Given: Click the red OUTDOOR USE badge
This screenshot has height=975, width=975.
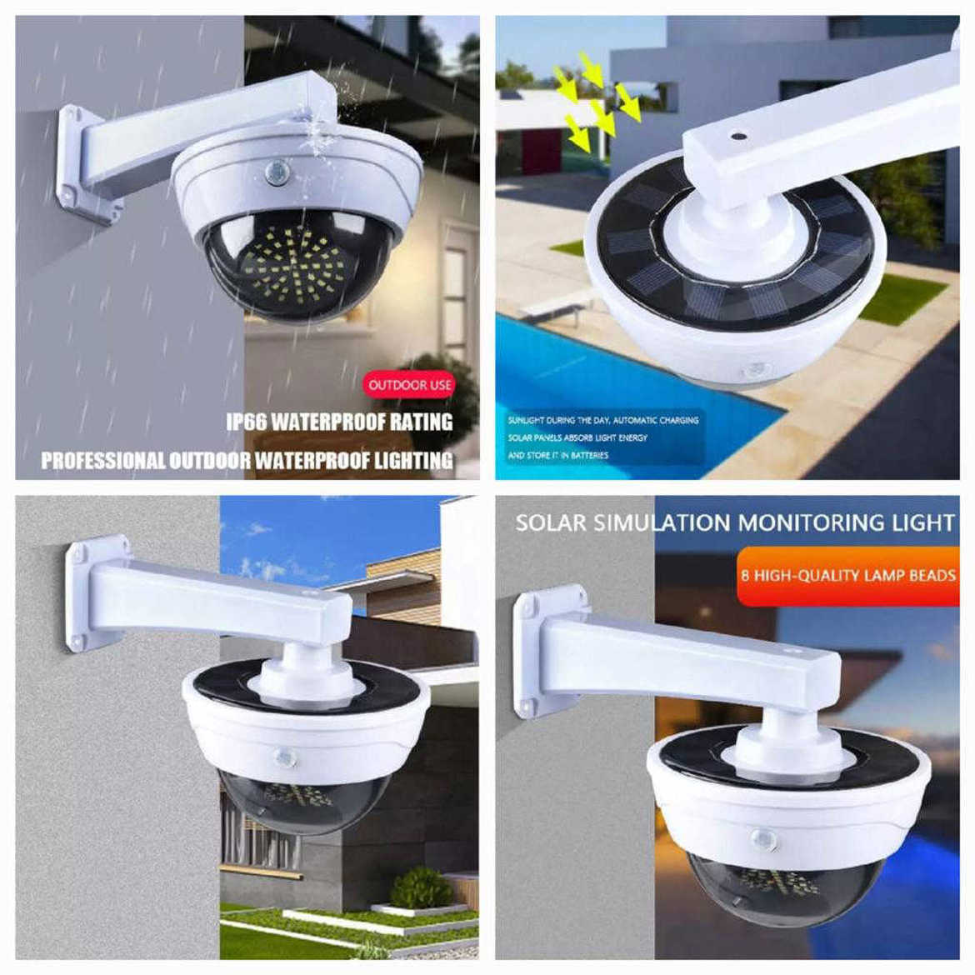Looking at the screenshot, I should [410, 385].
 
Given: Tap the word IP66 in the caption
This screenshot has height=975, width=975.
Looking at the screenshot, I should [247, 422].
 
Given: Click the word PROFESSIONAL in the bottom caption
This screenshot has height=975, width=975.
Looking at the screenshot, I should [103, 460].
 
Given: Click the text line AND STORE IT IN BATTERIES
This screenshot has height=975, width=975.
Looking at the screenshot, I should [558, 455].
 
